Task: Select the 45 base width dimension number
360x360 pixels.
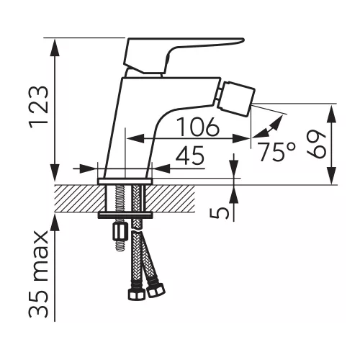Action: pyautogui.click(x=190, y=155)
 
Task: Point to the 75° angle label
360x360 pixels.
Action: pyautogui.click(x=276, y=152)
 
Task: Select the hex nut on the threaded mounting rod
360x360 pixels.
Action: pyautogui.click(x=119, y=232)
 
